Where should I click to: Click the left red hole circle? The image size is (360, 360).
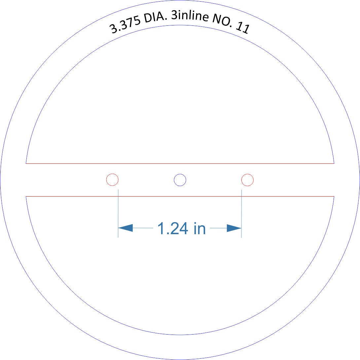tap(112, 180)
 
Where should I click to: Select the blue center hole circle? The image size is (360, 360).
tap(180, 180)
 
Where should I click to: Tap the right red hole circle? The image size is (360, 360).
tap(247, 180)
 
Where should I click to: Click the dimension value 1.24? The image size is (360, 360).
tap(173, 228)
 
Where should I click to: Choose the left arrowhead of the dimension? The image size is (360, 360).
tap(126, 228)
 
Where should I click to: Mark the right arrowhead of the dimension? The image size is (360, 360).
tap(234, 228)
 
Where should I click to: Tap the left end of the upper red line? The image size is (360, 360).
tap(26, 163)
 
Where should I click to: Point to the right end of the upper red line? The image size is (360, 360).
tap(334, 163)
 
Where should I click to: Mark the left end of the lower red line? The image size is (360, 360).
tap(26, 196)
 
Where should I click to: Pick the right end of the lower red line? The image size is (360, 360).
tap(334, 196)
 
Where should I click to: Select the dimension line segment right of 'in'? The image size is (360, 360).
tap(218, 228)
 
